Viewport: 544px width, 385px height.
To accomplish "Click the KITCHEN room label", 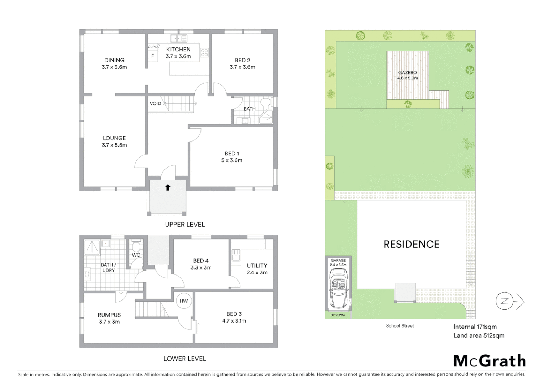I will pyautogui.click(x=178, y=50).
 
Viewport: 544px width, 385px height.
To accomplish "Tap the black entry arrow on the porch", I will pyautogui.click(x=168, y=188).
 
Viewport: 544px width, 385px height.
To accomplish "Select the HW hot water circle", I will pyautogui.click(x=184, y=301).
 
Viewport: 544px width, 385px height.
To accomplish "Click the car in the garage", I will pyautogui.click(x=338, y=288).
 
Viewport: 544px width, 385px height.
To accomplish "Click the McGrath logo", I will pyautogui.click(x=490, y=361).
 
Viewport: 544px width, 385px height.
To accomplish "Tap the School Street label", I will pyautogui.click(x=400, y=325).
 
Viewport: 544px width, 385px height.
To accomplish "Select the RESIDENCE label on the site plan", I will pyautogui.click(x=411, y=244).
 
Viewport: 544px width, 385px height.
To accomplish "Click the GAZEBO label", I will pyautogui.click(x=407, y=73).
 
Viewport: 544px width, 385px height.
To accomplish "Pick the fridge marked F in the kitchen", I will pyautogui.click(x=153, y=56).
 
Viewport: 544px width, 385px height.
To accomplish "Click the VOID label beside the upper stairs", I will pyautogui.click(x=155, y=103).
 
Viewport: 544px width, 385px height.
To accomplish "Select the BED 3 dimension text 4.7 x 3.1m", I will pyautogui.click(x=234, y=321).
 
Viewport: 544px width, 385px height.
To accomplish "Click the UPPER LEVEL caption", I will pyautogui.click(x=185, y=224).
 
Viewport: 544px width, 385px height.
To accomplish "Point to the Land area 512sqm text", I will pyautogui.click(x=478, y=335).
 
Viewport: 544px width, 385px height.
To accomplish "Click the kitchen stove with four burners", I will pyautogui.click(x=204, y=53).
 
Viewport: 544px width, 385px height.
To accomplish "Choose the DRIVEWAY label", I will pyautogui.click(x=338, y=315).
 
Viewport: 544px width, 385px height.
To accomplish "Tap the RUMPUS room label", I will pyautogui.click(x=109, y=315).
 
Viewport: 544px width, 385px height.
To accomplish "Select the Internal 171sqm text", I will pyautogui.click(x=475, y=327).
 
